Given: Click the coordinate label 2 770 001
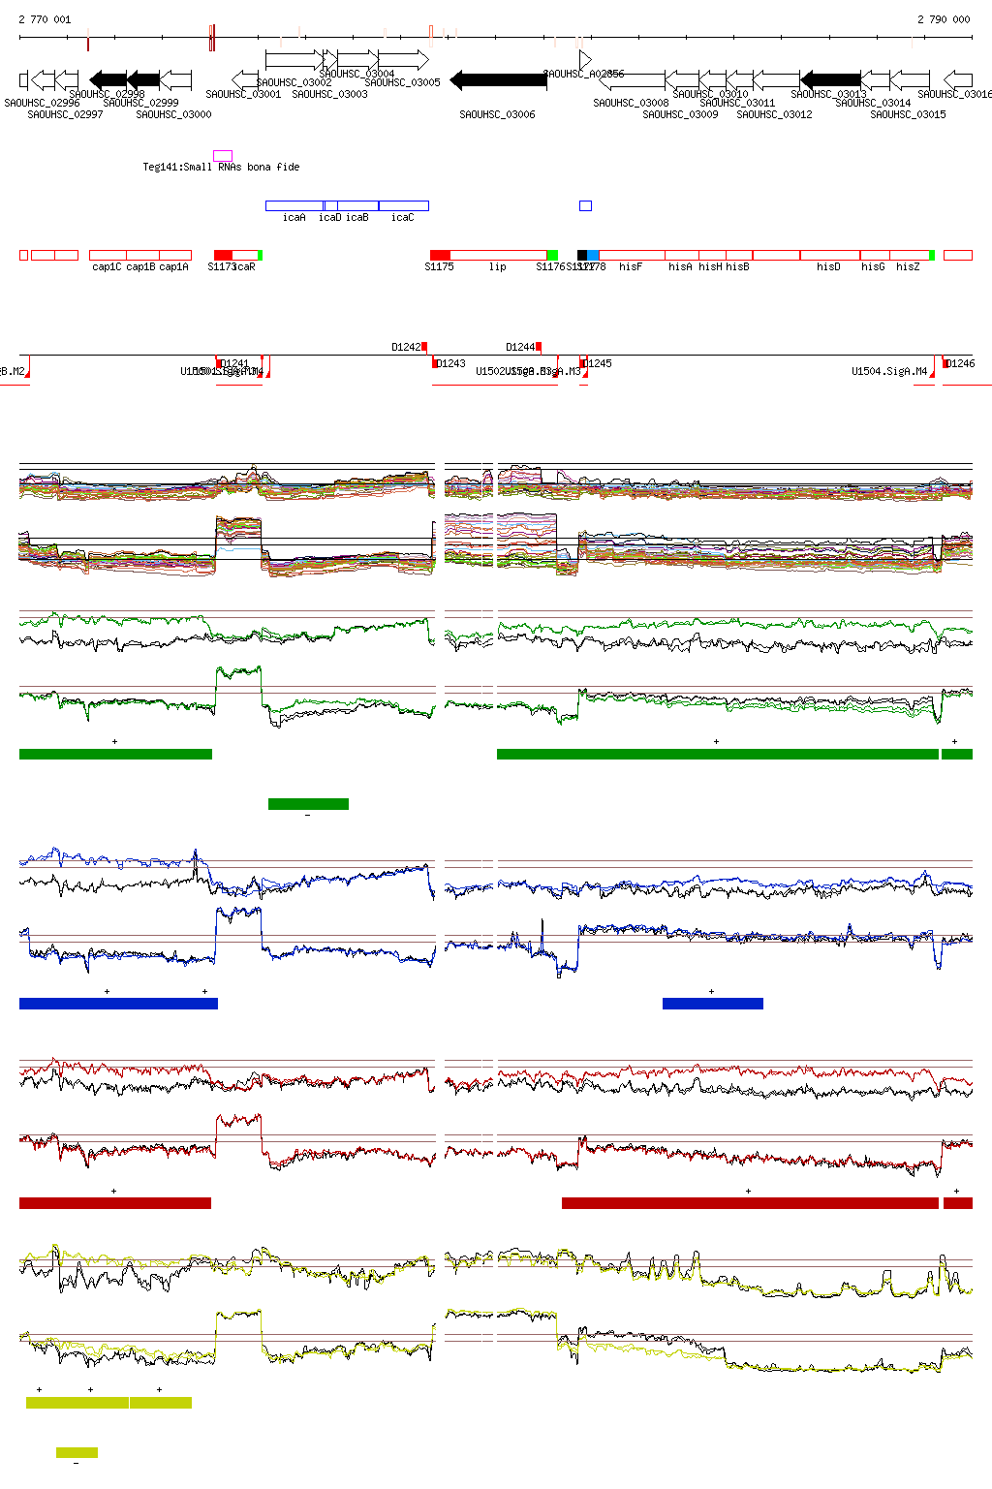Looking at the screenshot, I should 45,19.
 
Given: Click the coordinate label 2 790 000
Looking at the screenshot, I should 944,19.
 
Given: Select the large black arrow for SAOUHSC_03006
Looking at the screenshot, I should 498,80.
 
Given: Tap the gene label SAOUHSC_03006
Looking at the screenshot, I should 497,114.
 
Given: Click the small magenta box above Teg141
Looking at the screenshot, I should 223,155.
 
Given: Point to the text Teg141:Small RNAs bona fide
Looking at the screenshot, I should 221,167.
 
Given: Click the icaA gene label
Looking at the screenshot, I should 294,218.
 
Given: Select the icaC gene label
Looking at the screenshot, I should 402,218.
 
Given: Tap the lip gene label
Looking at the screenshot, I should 497,267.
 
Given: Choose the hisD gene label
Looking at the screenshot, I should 828,267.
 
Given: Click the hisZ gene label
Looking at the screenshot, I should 908,267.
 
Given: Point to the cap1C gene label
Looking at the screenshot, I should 107,267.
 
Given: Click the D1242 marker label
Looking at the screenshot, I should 407,347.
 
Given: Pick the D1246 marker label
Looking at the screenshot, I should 961,363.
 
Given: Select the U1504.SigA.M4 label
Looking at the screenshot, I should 889,371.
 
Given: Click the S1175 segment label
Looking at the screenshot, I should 439,267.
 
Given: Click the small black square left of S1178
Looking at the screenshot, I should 581,256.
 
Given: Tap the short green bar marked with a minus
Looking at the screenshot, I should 308,803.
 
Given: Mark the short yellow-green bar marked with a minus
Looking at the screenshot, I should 77,1452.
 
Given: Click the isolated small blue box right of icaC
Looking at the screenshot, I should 585,205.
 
